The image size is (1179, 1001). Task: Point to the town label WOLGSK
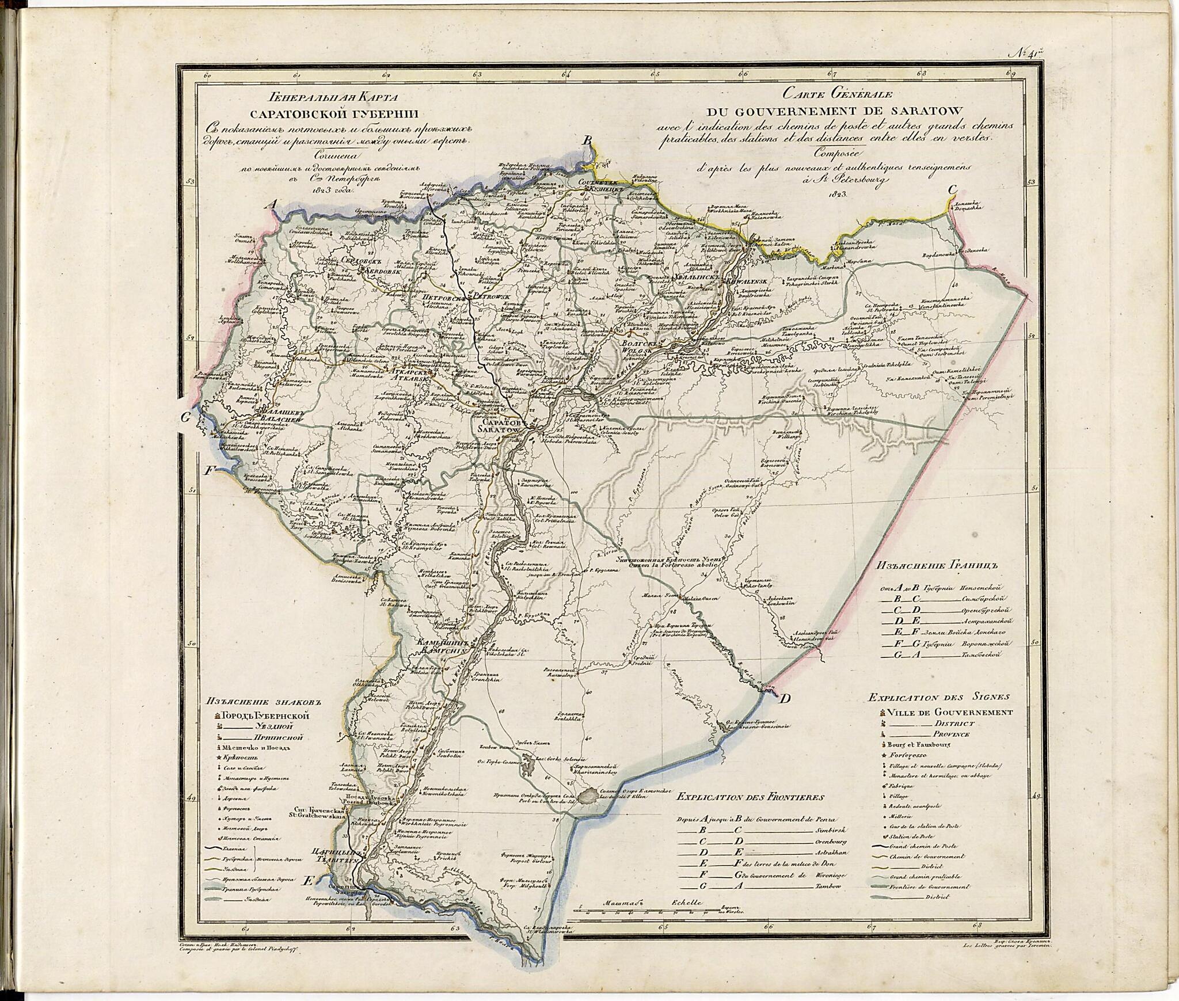(x=636, y=350)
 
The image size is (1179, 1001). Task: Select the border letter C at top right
(x=953, y=189)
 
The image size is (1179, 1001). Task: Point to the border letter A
(x=275, y=204)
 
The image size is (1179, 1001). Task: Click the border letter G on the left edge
(x=185, y=418)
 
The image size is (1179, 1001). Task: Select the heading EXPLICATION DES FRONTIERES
(x=750, y=797)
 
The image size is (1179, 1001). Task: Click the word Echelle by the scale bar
(x=686, y=903)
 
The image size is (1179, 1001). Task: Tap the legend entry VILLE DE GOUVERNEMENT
(x=950, y=712)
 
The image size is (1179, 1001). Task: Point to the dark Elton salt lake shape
(x=589, y=797)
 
